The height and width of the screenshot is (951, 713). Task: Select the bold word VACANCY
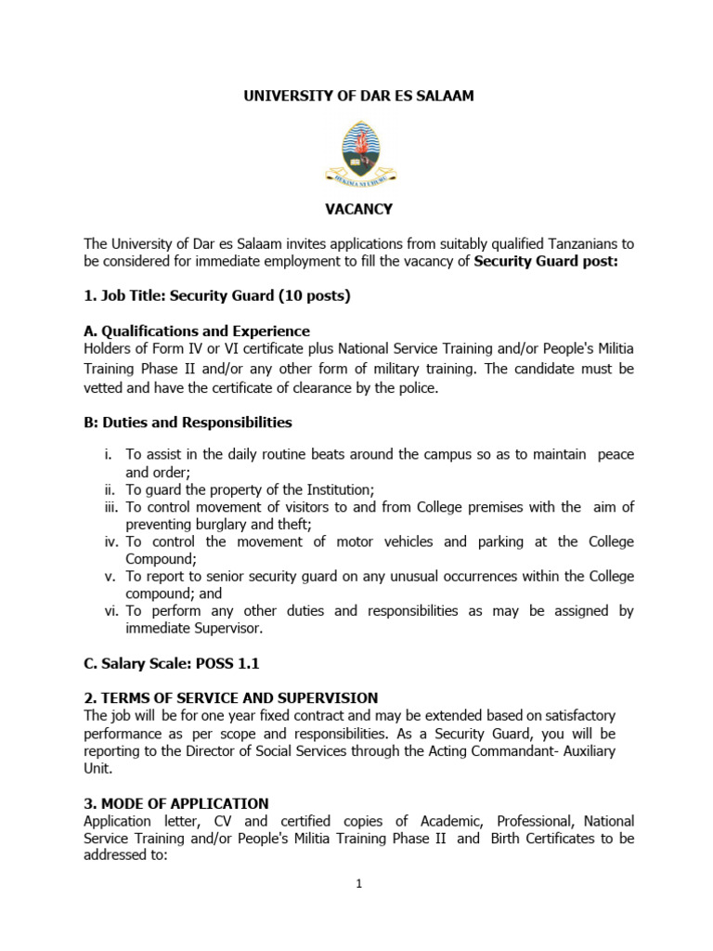[x=358, y=210]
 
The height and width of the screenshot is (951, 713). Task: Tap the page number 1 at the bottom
[x=358, y=883]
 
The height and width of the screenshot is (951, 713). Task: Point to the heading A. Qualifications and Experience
[x=197, y=332]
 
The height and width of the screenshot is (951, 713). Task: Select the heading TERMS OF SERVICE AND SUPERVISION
[x=238, y=697]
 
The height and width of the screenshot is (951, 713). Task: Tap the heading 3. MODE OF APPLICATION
[x=176, y=803]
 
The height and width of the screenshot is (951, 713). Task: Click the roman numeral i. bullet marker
[x=110, y=454]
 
